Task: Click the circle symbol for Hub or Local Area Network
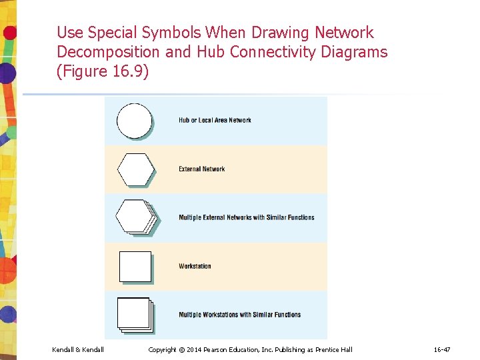click(135, 121)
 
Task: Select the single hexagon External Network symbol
click(135, 169)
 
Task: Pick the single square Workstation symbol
click(135, 266)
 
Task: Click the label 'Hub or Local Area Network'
click(215, 121)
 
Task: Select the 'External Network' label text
click(201, 169)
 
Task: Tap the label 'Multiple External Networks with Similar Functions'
click(246, 217)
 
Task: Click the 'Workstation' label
click(195, 266)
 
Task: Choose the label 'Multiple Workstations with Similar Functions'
click(239, 315)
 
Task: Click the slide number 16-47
click(442, 350)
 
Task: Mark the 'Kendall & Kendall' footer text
click(78, 350)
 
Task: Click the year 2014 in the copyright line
click(195, 350)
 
